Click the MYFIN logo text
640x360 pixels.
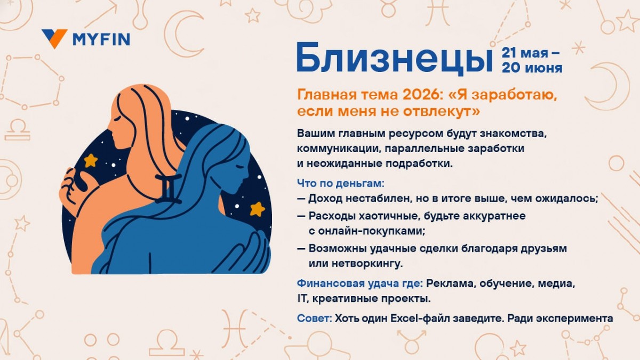pyautogui.click(x=101, y=39)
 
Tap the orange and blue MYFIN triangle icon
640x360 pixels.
pyautogui.click(x=54, y=38)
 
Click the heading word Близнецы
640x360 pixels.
pyautogui.click(x=395, y=59)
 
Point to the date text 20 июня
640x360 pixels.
pyautogui.click(x=531, y=68)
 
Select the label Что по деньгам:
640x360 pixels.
pyautogui.click(x=340, y=183)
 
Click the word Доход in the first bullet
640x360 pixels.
pyautogui.click(x=326, y=199)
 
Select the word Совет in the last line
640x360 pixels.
pyautogui.click(x=314, y=318)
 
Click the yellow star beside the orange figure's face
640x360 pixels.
pyautogui.click(x=91, y=160)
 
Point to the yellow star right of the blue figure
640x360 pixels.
pyautogui.click(x=258, y=209)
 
